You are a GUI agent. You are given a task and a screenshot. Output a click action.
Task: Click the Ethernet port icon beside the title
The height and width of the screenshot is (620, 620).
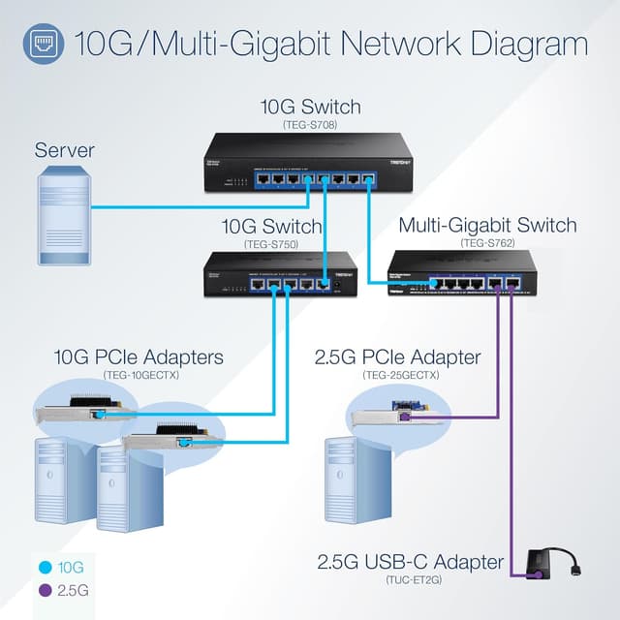pyautogui.click(x=44, y=44)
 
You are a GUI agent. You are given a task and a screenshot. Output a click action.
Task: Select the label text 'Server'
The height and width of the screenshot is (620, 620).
pyautogui.click(x=64, y=150)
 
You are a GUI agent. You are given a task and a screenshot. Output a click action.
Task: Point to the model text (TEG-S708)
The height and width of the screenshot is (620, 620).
pyautogui.click(x=309, y=125)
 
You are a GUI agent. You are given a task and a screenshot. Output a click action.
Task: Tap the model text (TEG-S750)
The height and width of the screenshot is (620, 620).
pyautogui.click(x=272, y=245)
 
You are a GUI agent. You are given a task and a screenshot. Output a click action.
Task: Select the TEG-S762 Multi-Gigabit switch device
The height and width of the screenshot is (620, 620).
pyautogui.click(x=461, y=273)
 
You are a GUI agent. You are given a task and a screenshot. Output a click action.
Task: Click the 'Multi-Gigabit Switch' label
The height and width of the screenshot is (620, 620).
pyautogui.click(x=487, y=226)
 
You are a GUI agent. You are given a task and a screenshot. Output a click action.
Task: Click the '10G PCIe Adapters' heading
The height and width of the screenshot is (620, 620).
pyautogui.click(x=138, y=358)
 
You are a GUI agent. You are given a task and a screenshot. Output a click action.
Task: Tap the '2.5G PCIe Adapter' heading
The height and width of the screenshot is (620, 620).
pyautogui.click(x=397, y=358)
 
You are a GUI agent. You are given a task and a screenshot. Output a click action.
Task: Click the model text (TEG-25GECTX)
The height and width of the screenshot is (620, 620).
pyautogui.click(x=400, y=375)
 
